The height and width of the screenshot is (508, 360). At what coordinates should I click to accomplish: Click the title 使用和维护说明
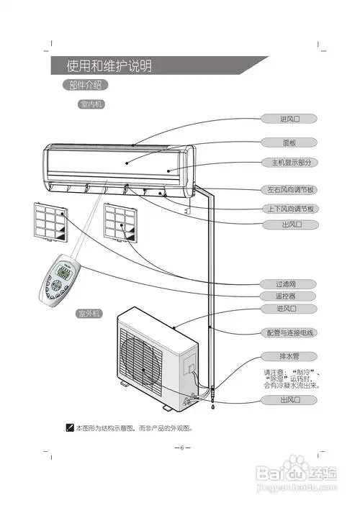pyautogui.click(x=109, y=66)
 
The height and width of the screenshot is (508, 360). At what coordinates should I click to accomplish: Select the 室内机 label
pyautogui.click(x=92, y=104)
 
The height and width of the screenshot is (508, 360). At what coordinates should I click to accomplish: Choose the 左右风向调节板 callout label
pyautogui.click(x=289, y=190)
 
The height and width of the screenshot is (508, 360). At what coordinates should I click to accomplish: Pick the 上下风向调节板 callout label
pyautogui.click(x=289, y=209)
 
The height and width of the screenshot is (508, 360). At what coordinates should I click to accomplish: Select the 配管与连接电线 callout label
pyautogui.click(x=289, y=333)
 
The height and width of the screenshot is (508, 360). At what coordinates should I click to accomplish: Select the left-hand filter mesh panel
pyautogui.click(x=50, y=222)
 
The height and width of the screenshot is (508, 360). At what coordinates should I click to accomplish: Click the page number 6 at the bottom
pyautogui.click(x=181, y=447)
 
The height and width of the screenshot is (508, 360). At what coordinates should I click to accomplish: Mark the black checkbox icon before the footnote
pyautogui.click(x=70, y=427)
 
